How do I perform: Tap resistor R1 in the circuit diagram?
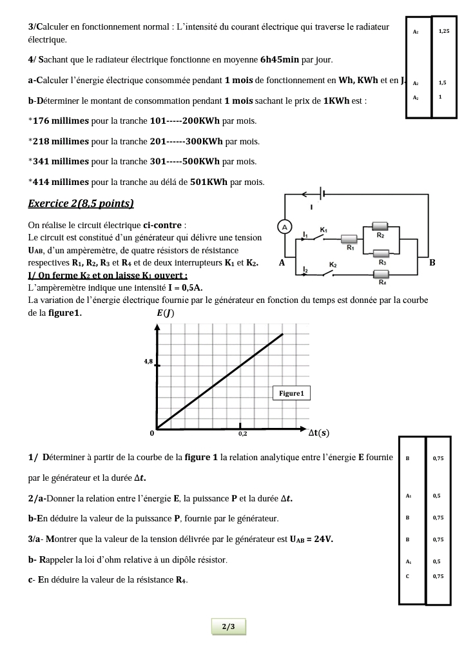pyautogui.click(x=350, y=238)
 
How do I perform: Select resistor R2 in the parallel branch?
pyautogui.click(x=381, y=226)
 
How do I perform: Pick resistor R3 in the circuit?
pyautogui.click(x=382, y=253)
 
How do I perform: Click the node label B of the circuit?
pyautogui.click(x=432, y=262)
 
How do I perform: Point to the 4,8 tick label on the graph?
pyautogui.click(x=148, y=362)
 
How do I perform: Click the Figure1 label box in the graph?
pyautogui.click(x=292, y=393)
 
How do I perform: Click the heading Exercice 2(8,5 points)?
pyautogui.click(x=81, y=204)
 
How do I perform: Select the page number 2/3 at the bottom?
pyautogui.click(x=228, y=626)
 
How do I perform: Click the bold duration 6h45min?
pyautogui.click(x=280, y=60)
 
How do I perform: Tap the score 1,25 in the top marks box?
pyautogui.click(x=443, y=31)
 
